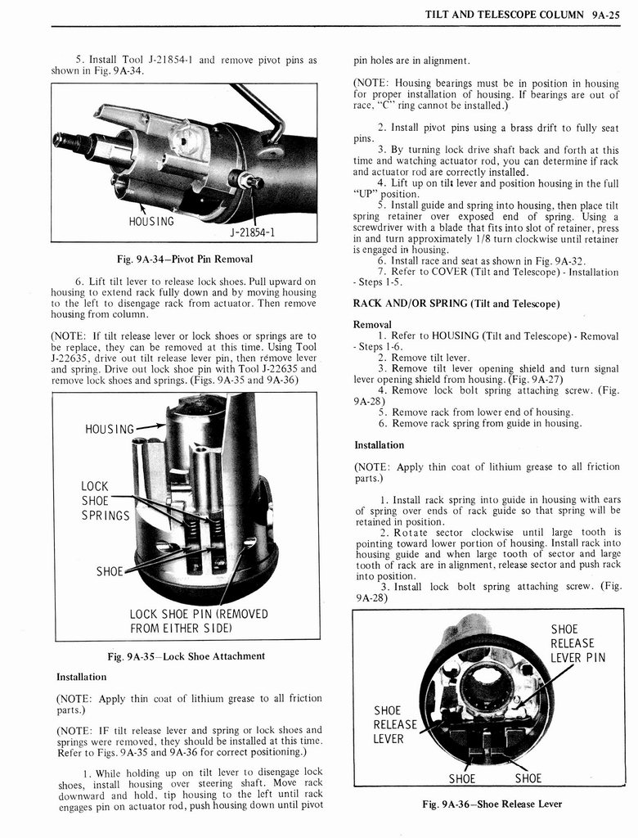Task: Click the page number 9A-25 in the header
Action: tap(606, 15)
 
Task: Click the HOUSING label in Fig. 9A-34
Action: tap(151, 221)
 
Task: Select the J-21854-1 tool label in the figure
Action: tap(251, 232)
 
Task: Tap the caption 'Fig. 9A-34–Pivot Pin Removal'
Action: tap(182, 259)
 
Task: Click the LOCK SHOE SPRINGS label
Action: tap(105, 501)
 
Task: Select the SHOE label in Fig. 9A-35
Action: tap(110, 570)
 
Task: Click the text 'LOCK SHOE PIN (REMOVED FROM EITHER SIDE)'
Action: tap(199, 622)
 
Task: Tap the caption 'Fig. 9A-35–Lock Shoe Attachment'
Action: tap(186, 656)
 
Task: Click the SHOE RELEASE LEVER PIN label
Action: tap(577, 643)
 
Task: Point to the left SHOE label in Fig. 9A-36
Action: tap(463, 777)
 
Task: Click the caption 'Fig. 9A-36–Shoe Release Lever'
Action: tap(492, 804)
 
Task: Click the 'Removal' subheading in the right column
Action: tap(373, 324)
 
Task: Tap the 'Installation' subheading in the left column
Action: tap(81, 677)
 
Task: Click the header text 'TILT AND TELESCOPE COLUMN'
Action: tap(505, 15)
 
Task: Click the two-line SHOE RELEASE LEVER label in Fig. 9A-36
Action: tap(395, 724)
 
